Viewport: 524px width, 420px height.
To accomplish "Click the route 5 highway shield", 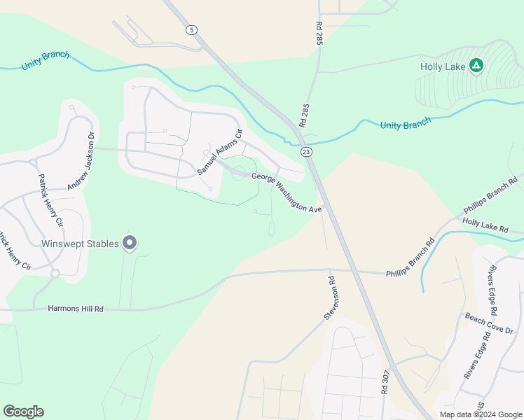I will [191, 29].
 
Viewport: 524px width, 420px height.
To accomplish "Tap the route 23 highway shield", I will [305, 151].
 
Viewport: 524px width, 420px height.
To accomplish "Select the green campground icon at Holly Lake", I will [476, 66].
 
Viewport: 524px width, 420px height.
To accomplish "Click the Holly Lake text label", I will [442, 66].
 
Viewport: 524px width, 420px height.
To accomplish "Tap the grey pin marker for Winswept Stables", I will [130, 243].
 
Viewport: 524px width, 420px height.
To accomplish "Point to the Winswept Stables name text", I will [80, 244].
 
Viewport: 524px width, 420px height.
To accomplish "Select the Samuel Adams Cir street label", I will [219, 152].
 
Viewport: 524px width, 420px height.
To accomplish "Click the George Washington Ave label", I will [287, 193].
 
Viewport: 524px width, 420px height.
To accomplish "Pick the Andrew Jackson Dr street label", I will [81, 164].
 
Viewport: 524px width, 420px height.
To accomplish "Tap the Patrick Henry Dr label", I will [47, 200].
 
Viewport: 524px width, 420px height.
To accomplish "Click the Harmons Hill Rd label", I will [76, 308].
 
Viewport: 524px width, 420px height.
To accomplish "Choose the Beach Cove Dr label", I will [489, 323].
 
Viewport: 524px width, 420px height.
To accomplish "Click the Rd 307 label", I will [385, 384].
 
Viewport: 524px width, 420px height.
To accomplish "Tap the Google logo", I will [23, 412].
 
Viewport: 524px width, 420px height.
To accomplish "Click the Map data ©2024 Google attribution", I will [481, 414].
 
